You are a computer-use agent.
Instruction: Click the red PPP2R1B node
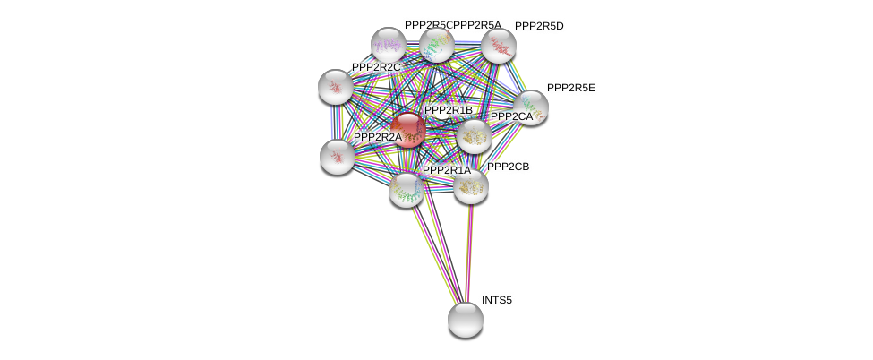click(x=408, y=130)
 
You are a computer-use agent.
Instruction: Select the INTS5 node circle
click(x=465, y=319)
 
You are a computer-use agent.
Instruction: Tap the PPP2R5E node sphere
click(x=530, y=107)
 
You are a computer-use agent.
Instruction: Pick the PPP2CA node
click(x=473, y=136)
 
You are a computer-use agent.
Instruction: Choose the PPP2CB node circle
click(x=470, y=186)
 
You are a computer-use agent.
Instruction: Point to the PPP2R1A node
click(x=407, y=188)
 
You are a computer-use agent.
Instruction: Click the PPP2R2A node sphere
click(x=338, y=157)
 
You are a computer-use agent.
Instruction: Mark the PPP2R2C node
click(x=336, y=87)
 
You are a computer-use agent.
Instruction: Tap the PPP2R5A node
click(x=437, y=44)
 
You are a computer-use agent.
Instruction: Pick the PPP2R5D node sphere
click(x=498, y=46)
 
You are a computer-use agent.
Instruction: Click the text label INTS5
click(x=497, y=300)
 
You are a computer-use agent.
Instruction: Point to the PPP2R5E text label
click(x=576, y=88)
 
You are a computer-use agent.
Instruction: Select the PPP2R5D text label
click(x=539, y=26)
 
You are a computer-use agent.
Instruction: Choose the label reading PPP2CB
click(x=509, y=167)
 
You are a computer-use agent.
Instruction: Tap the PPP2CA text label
click(x=511, y=116)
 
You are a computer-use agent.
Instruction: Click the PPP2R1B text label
click(x=448, y=110)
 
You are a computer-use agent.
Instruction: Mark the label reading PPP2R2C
click(x=376, y=67)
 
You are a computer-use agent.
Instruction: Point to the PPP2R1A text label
click(x=446, y=170)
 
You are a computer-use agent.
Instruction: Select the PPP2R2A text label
click(x=378, y=137)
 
